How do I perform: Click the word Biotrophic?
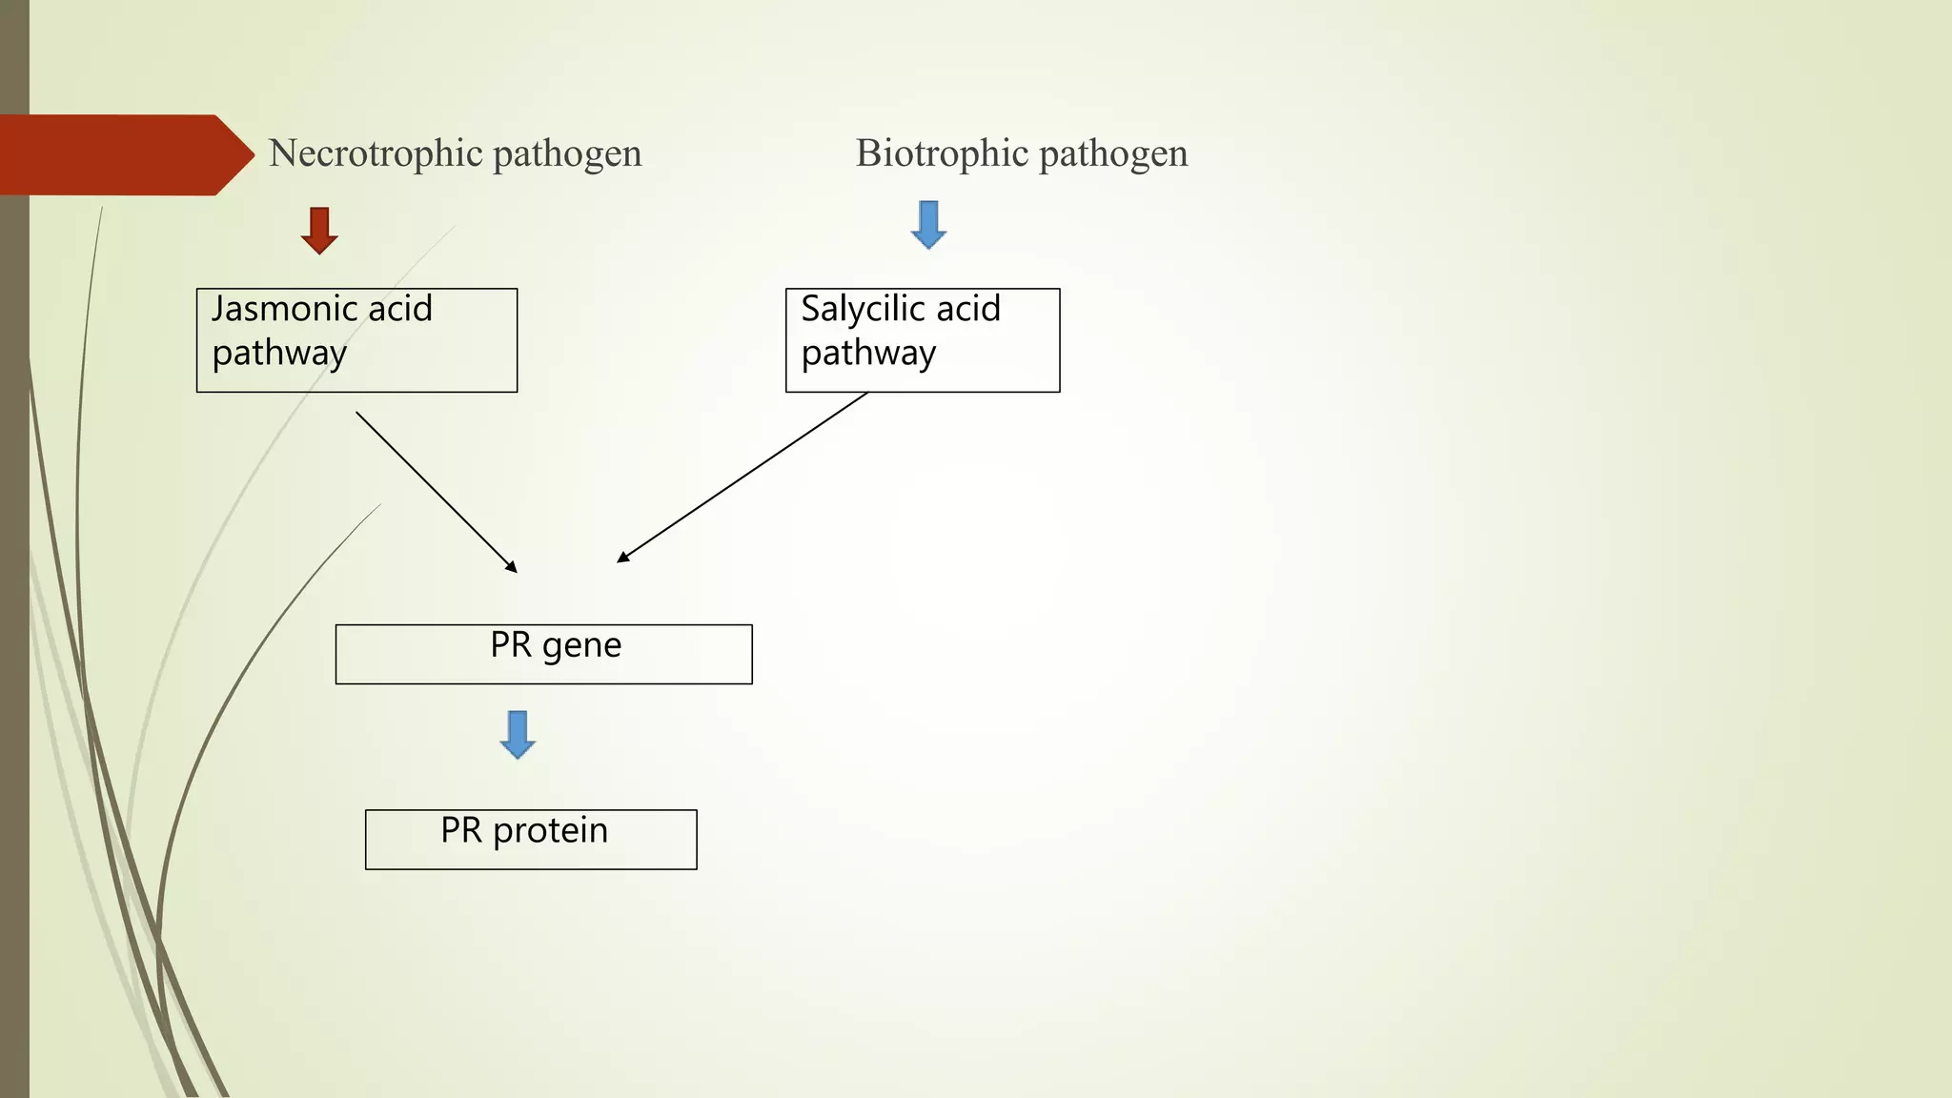(x=941, y=153)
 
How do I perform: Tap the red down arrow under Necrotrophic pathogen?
(x=319, y=230)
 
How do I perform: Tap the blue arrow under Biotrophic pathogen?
(x=928, y=224)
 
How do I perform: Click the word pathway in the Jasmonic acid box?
(x=279, y=354)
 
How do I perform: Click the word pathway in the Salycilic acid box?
(x=868, y=354)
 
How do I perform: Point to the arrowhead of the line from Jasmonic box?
(x=513, y=568)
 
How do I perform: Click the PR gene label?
(x=556, y=646)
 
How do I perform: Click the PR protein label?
(x=524, y=831)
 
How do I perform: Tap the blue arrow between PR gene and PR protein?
(x=518, y=734)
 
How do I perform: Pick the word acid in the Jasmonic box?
(x=399, y=309)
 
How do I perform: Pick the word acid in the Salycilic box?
(x=967, y=309)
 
